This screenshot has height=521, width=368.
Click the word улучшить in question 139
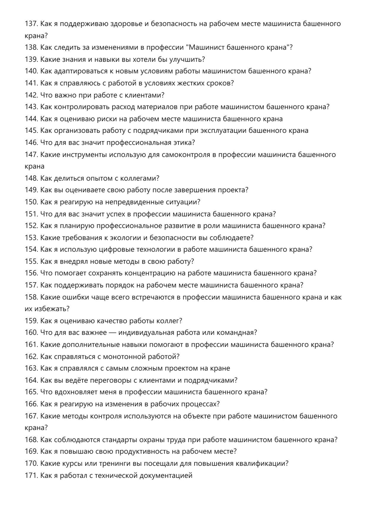tap(187, 59)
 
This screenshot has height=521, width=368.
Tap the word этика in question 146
tap(184, 143)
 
